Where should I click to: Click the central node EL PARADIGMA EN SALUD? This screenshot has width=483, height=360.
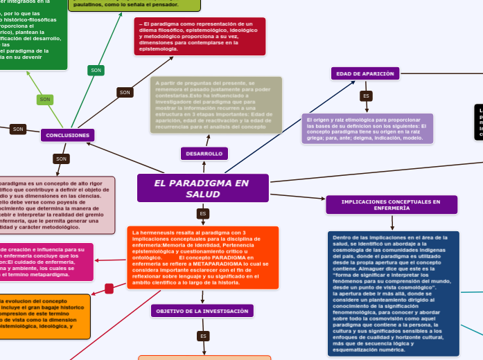point(202,188)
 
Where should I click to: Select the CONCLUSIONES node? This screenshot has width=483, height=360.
point(68,135)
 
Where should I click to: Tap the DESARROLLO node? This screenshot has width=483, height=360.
point(204,153)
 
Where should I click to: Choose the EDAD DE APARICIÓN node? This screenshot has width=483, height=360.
point(365,73)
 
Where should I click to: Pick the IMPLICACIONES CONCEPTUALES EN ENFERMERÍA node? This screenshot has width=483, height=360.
point(392,204)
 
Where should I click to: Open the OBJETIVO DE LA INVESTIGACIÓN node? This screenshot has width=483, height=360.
point(202,311)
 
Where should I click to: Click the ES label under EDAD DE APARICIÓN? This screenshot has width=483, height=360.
point(366,96)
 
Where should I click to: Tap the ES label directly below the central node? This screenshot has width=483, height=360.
point(203,213)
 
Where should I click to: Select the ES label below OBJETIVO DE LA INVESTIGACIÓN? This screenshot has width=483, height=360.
point(203,336)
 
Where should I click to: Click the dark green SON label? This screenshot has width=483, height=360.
point(96,70)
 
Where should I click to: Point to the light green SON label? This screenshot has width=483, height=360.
point(45,100)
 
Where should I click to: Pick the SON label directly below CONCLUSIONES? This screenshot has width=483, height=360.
point(61,159)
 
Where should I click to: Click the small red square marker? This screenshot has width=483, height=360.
point(109,288)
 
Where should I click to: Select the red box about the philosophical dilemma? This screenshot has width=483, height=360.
point(200,37)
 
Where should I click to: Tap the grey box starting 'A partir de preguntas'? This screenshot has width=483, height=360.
point(216,105)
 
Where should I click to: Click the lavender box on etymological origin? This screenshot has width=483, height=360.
point(367,128)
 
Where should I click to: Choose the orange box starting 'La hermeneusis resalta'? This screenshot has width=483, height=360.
point(202,258)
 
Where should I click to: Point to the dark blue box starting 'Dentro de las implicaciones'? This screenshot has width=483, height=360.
point(392,294)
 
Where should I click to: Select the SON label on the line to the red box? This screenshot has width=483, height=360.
point(125,92)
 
